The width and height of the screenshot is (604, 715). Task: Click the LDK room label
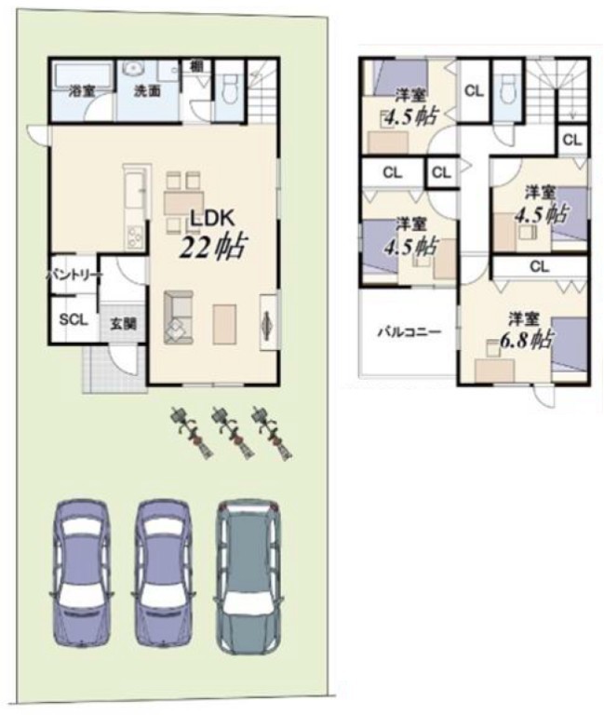coord(212,219)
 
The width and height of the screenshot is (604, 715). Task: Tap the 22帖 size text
coord(213,247)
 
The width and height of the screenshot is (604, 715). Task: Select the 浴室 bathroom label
coord(82,90)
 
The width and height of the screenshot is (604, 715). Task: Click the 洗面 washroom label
coord(147,90)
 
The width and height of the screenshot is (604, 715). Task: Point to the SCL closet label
coord(74,319)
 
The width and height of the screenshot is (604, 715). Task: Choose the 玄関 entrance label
coord(124,324)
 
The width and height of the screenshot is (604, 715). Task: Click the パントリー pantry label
coord(74,276)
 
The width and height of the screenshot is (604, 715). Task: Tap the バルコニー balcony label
coord(409,331)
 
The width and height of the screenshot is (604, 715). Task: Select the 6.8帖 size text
coord(527,340)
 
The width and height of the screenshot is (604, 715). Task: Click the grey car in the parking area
coord(248,577)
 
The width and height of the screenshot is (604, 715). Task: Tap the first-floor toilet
coord(229,88)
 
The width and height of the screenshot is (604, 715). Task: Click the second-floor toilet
coord(507,89)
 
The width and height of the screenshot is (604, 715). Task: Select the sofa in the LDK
coord(179,317)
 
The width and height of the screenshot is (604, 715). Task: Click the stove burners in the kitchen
coord(135,237)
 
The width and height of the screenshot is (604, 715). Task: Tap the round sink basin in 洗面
coord(134,68)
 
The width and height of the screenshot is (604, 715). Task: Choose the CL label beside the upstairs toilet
coord(474,91)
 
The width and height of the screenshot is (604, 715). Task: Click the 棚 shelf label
coord(196,66)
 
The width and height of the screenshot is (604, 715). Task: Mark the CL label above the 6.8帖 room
coord(539,266)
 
